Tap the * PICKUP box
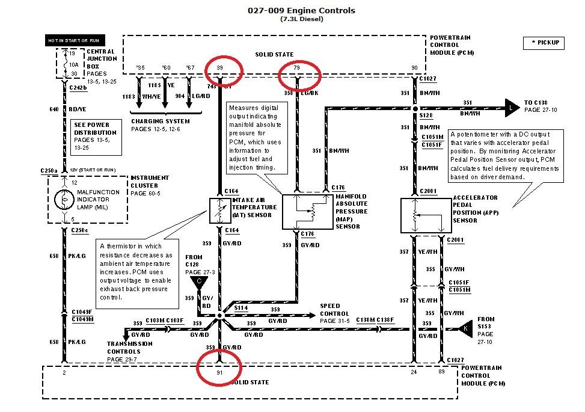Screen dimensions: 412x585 click(544, 43)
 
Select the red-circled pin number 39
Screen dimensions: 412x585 click(220, 68)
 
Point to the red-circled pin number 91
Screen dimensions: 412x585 click(219, 372)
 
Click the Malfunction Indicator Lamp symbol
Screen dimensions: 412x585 click(64, 200)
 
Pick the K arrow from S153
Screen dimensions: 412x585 click(465, 328)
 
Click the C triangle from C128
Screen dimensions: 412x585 click(198, 280)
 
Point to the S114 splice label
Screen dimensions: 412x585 click(240, 307)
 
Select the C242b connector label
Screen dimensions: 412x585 click(78, 88)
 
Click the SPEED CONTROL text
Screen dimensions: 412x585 click(334, 310)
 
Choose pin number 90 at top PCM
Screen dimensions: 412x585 click(414, 68)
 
